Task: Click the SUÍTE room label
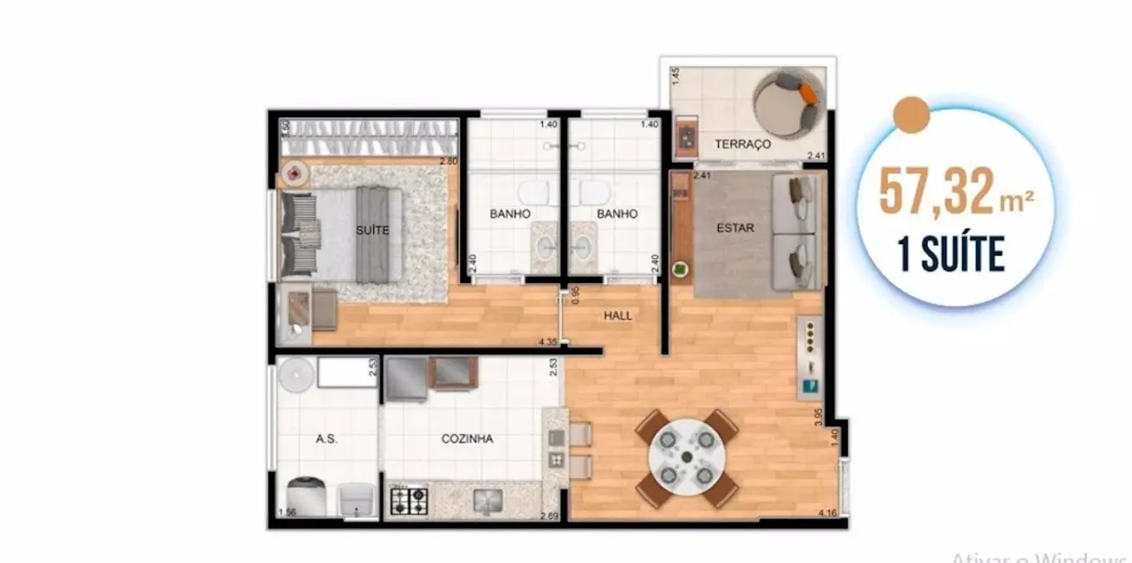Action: [372, 230]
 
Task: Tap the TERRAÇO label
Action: [742, 144]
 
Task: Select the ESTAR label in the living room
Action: [735, 229]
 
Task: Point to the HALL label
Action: [618, 315]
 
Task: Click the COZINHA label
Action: [467, 439]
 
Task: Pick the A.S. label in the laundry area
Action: [326, 439]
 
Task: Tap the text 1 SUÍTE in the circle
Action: [952, 255]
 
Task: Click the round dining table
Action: [686, 457]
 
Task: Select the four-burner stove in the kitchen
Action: [408, 501]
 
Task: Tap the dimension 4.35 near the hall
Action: [547, 342]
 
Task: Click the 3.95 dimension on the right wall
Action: [818, 419]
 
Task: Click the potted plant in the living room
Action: [682, 269]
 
